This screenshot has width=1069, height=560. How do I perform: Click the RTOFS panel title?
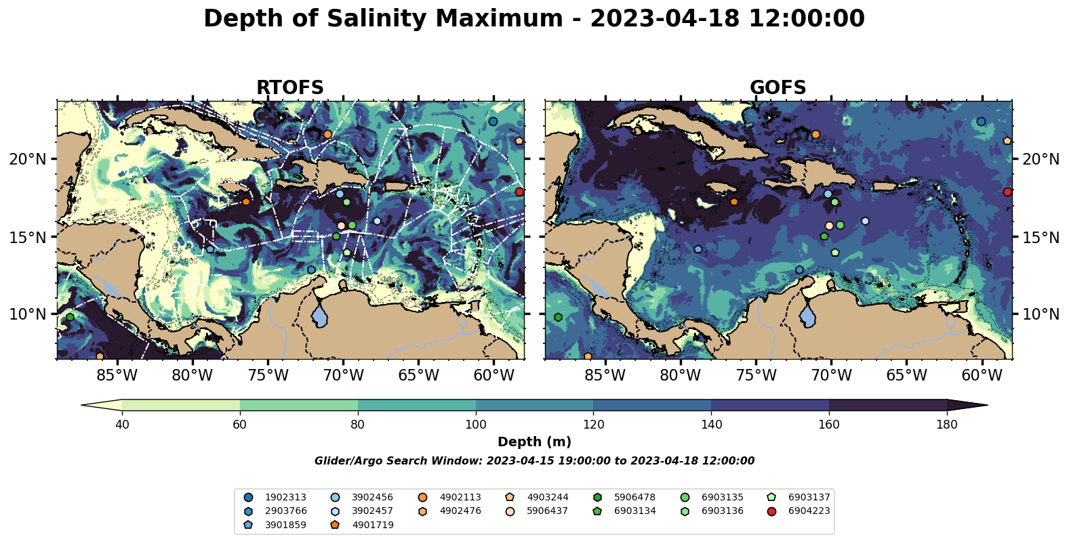[x=289, y=88]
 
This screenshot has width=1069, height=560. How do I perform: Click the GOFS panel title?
[x=778, y=88]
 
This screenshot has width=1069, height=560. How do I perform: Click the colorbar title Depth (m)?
[x=534, y=442]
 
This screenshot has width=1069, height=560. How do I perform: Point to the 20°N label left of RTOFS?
[x=28, y=159]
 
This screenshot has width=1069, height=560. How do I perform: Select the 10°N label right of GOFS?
[x=1040, y=314]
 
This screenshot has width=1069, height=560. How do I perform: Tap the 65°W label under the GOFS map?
[x=906, y=376]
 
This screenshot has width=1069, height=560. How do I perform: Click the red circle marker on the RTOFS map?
[x=519, y=192]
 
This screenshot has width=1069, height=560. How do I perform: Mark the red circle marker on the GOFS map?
[x=1007, y=192]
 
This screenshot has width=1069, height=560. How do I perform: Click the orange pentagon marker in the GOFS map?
[x=733, y=202]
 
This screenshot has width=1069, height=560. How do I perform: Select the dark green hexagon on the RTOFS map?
[x=70, y=318]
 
